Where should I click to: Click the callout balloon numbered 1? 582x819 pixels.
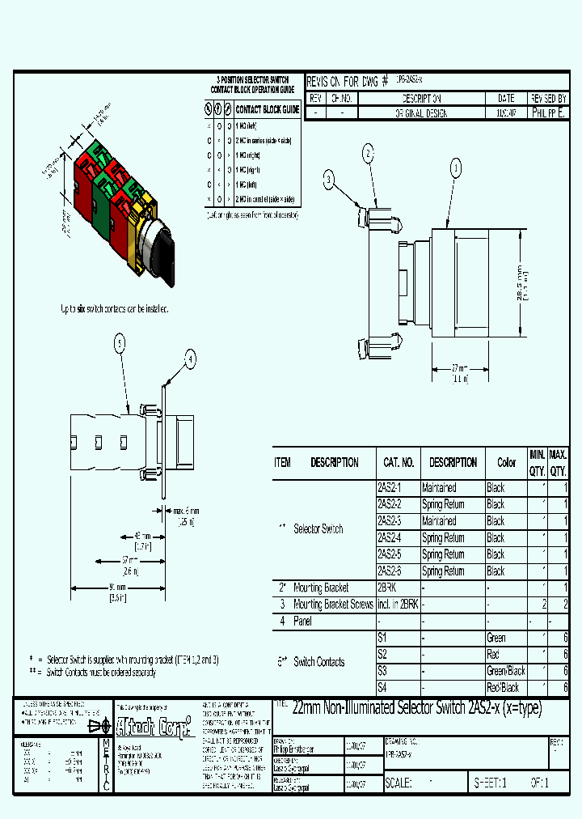tap(455, 168)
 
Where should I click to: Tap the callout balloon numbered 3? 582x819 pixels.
tap(329, 180)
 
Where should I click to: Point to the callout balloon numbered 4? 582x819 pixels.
tap(191, 359)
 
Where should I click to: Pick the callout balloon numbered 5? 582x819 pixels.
tap(120, 344)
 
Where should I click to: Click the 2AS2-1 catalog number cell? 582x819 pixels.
tap(389, 488)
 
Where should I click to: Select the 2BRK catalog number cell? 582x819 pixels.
tap(387, 588)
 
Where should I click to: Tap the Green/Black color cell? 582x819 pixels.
tap(506, 671)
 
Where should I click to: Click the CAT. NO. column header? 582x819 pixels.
tap(398, 462)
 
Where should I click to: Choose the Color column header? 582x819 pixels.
tap(506, 462)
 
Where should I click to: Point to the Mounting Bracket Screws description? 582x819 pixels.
tap(333, 605)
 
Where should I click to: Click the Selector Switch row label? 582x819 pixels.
tap(318, 528)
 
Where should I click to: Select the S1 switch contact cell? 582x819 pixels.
tap(382, 638)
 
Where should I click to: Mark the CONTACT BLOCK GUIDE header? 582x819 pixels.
tap(267, 109)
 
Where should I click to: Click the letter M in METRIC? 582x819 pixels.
tap(105, 742)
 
